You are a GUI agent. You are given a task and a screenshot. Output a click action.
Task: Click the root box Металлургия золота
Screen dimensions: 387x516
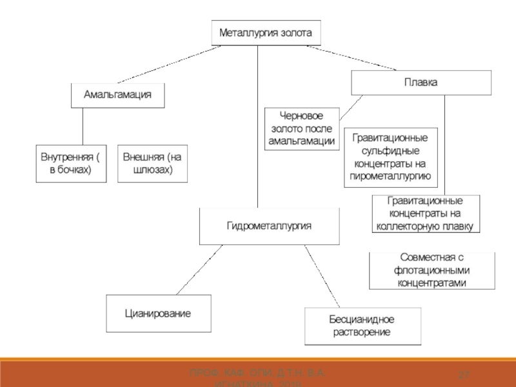coord(266,32)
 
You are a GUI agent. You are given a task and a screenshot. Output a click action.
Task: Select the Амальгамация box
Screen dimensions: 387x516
coord(117,95)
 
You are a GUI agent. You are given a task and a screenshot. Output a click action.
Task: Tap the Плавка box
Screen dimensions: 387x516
coord(421,83)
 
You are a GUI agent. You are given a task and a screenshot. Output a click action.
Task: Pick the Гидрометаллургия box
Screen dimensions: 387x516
coord(269,226)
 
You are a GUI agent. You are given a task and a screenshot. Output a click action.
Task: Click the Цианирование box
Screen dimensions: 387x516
coord(158,313)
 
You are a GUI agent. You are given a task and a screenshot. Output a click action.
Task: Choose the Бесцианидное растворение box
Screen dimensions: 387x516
coord(362,326)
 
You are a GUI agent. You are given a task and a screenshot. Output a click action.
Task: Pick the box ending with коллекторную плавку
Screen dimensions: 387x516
coord(426,213)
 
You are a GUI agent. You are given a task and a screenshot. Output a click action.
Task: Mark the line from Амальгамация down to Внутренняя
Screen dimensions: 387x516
coord(83,126)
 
